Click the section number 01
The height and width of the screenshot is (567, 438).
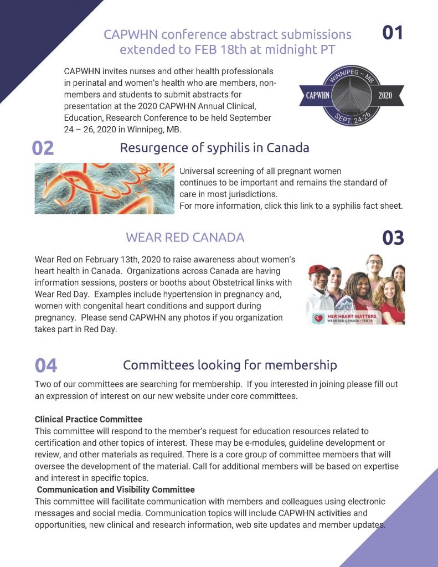click(393, 33)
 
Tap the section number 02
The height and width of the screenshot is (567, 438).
click(43, 148)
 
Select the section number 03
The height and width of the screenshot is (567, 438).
click(393, 238)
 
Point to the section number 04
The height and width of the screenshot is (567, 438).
click(45, 365)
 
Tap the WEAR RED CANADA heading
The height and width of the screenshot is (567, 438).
click(185, 238)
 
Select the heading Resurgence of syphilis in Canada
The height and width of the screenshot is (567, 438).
click(214, 148)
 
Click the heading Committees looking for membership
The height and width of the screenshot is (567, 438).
click(230, 365)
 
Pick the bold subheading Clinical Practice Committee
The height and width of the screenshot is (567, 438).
click(89, 419)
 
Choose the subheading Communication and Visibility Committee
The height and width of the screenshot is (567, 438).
click(116, 489)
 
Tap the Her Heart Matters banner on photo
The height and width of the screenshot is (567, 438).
click(338, 318)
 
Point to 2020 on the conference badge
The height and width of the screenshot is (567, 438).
click(384, 95)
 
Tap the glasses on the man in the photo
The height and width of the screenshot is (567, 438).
click(375, 262)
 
